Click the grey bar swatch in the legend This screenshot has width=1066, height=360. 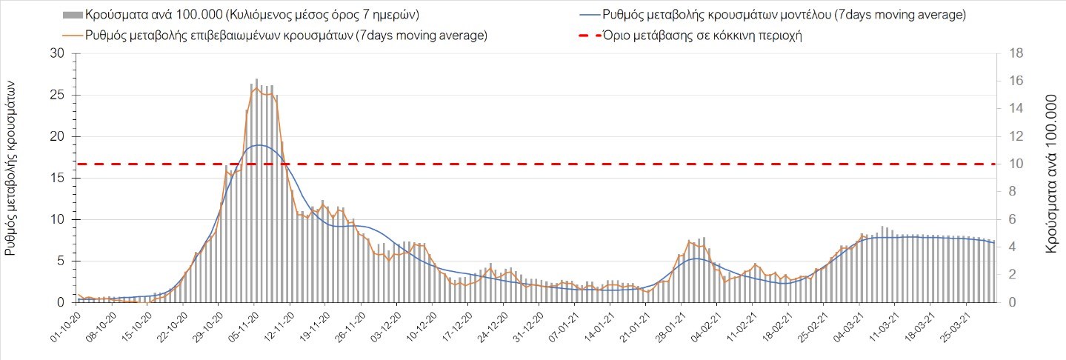pos(73,15)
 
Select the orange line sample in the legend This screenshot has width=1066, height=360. pos(73,36)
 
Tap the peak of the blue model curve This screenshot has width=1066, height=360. pos(257,145)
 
